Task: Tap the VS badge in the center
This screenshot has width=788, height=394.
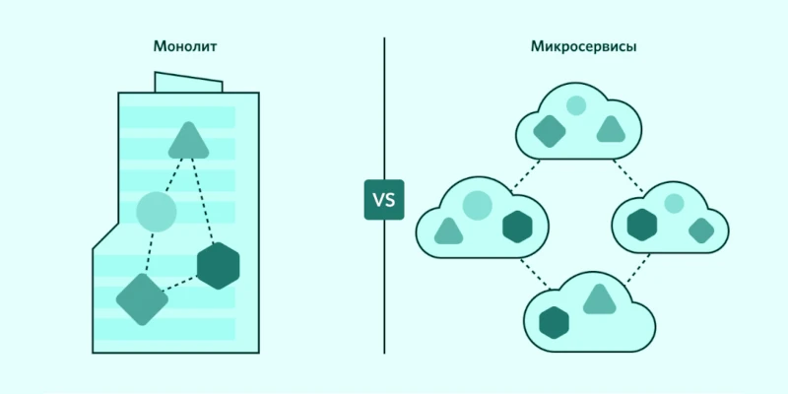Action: (383, 201)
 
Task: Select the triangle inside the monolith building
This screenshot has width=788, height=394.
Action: (188, 142)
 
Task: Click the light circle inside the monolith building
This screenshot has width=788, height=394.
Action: (157, 211)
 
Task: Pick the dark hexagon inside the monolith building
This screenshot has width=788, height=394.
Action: (218, 265)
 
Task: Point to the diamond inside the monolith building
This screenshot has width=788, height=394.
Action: (142, 298)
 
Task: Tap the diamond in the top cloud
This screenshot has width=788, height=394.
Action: (548, 130)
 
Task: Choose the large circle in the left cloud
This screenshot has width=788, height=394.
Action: (477, 204)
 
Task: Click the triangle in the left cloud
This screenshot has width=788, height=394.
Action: (448, 232)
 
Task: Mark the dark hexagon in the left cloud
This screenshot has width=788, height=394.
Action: (517, 227)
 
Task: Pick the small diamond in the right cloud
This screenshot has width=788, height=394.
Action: (700, 230)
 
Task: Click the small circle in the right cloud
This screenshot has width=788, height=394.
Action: (674, 204)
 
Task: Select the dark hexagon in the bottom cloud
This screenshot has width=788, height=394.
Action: (555, 322)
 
